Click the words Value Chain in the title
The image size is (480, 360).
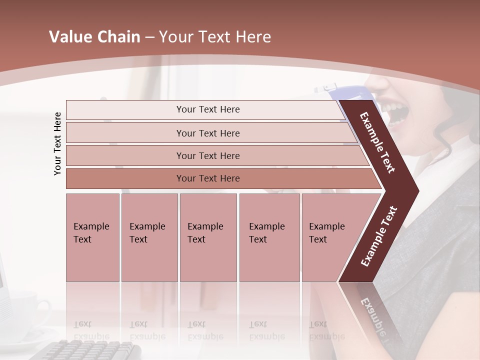(x=94, y=37)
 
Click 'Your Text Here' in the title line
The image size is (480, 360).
(x=215, y=37)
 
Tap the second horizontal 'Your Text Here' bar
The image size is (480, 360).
(x=208, y=133)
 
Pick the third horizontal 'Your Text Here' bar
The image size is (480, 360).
(x=208, y=155)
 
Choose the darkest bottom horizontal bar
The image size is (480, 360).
(x=208, y=178)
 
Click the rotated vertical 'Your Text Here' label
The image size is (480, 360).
(x=57, y=143)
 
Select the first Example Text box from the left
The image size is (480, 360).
(x=92, y=237)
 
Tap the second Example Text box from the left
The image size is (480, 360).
(x=149, y=237)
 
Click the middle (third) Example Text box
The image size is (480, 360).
(x=208, y=237)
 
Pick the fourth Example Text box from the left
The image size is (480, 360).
(x=269, y=237)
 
